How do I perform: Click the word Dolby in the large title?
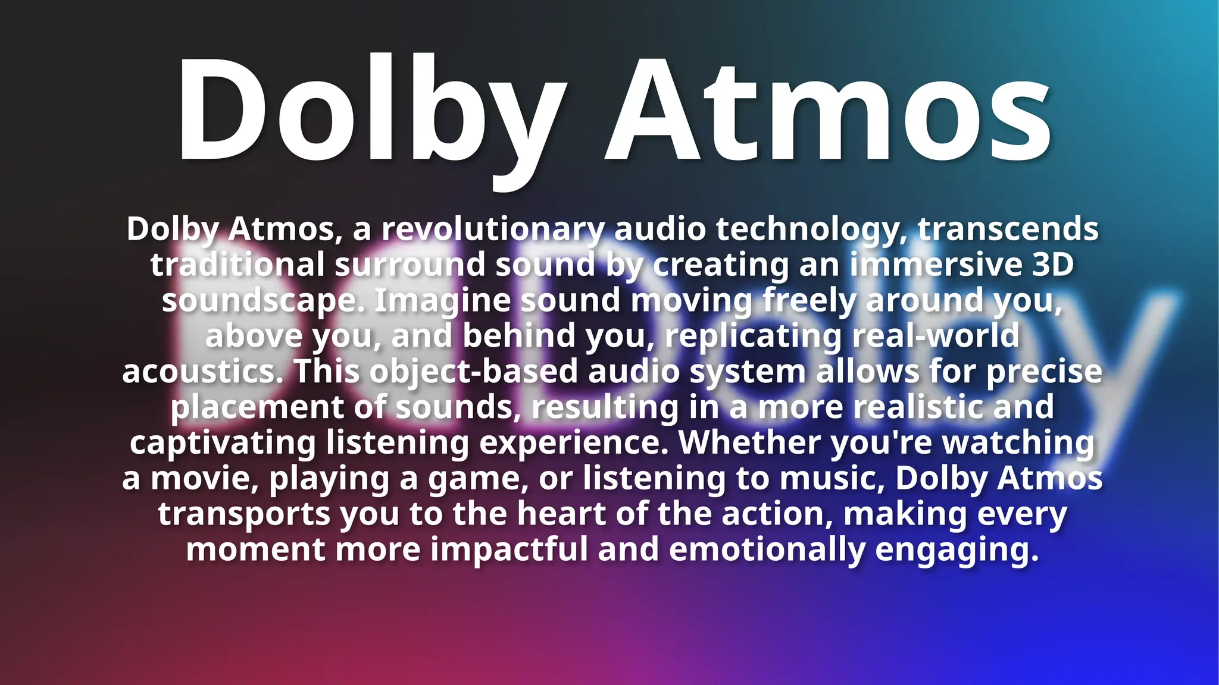click(x=369, y=110)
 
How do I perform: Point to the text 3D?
click(x=1052, y=265)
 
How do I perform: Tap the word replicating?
click(x=754, y=337)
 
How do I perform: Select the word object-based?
click(x=474, y=372)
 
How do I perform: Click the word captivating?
click(x=223, y=444)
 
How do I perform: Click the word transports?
click(x=244, y=515)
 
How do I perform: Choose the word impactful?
click(x=510, y=550)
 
